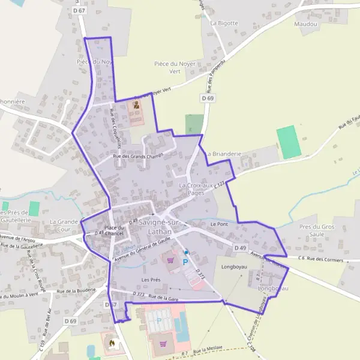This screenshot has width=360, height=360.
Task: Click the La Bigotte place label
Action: point(224,23)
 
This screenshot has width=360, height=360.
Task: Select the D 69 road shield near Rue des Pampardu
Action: point(208,98)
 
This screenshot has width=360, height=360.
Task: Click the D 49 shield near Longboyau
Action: point(241,248)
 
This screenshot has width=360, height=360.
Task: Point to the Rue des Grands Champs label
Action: point(138,156)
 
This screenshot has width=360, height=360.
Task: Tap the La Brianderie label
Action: point(223,154)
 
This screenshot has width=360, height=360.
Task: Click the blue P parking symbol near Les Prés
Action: point(185,262)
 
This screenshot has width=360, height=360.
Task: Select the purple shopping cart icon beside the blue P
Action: point(172,260)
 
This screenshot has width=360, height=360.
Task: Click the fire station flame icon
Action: point(111,342)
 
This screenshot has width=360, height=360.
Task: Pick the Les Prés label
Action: point(151,280)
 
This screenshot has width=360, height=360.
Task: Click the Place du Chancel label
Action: point(114,230)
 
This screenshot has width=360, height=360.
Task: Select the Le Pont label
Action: point(219,224)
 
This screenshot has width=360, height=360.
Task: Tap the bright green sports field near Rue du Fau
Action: point(289,142)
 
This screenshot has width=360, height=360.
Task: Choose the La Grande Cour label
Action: point(64,225)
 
